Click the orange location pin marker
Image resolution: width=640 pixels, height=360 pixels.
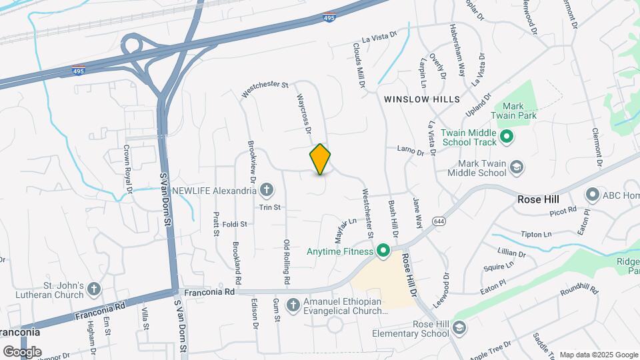point(320,159)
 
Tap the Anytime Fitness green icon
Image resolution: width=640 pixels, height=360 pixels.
point(383,251)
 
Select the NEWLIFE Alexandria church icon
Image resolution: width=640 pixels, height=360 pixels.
point(266,191)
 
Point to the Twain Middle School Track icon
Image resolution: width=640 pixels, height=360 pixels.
point(506,137)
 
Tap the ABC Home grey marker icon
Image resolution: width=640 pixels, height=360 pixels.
point(592,195)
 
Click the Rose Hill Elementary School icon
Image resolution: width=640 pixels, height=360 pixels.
point(459,328)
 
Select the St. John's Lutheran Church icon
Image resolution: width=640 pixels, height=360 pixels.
point(94,289)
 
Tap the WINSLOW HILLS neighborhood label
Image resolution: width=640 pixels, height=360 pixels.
point(422,99)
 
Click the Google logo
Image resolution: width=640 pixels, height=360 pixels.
point(22,351)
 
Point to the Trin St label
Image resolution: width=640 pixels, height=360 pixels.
point(270,207)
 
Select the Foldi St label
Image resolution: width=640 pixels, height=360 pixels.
point(235,224)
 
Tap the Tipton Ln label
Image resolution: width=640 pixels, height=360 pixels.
point(537,235)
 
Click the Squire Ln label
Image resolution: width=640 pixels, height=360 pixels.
point(499,265)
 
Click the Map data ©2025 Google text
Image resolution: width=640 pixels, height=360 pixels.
point(597,355)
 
